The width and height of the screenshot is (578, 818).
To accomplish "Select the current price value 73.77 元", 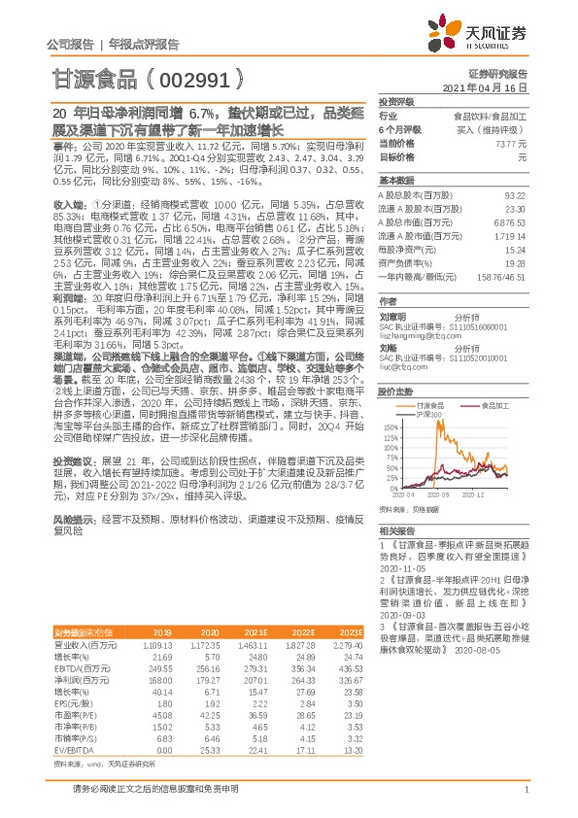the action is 509,143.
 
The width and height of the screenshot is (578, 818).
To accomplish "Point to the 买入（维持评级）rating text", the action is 501,129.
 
